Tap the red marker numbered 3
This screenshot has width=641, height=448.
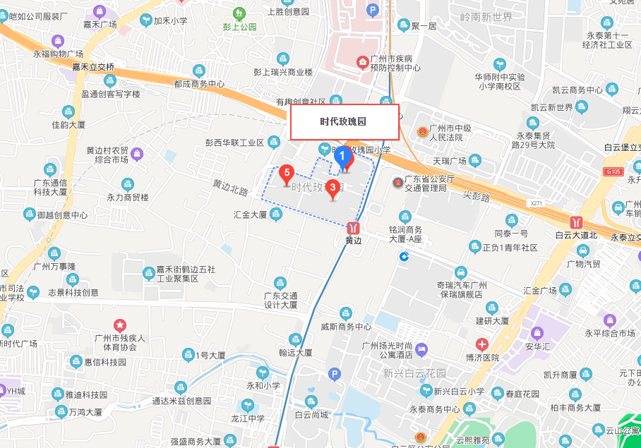333,188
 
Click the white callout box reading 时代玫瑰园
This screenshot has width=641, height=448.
345,121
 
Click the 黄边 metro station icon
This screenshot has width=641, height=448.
353,228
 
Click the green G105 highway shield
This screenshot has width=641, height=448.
613,172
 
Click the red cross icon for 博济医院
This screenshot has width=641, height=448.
482,345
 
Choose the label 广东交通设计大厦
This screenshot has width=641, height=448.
281,300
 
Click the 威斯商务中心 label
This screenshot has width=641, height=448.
346,327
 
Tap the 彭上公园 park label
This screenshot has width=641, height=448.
239,28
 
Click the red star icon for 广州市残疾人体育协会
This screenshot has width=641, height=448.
121,325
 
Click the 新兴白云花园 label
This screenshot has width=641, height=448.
414,373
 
